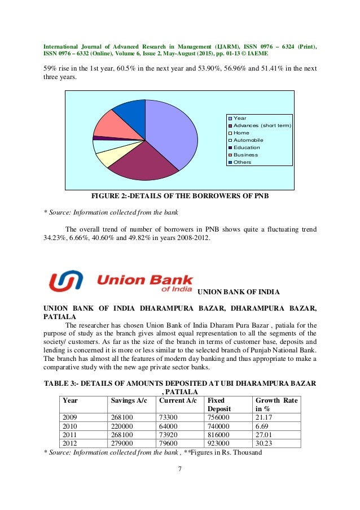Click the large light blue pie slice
pos(172,133)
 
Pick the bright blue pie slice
pos(131,111)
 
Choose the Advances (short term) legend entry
pos(262,125)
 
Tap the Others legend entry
pos(243,162)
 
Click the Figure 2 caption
pos(180,197)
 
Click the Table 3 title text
pos(179,387)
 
